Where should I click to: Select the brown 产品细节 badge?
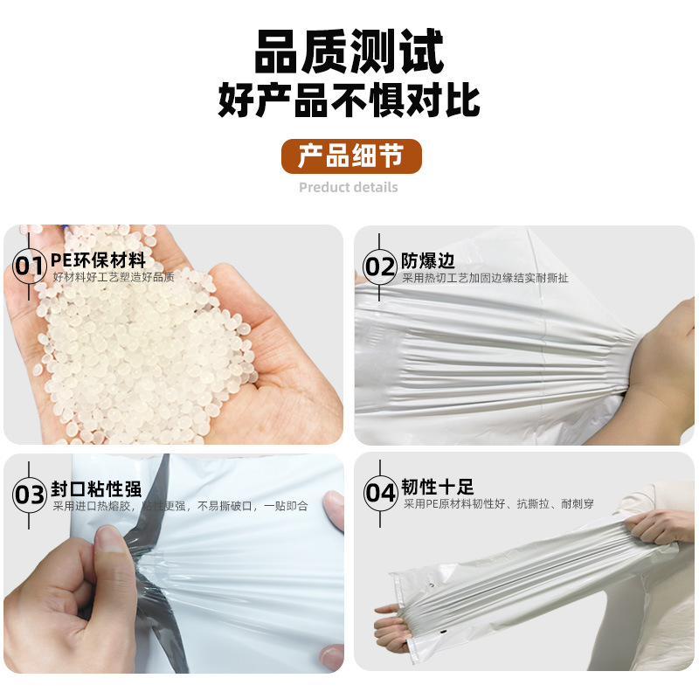(x=351, y=156)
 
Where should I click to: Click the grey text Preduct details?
(x=348, y=187)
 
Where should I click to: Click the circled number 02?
(x=379, y=266)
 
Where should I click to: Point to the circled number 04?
(x=380, y=493)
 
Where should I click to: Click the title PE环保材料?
(x=98, y=260)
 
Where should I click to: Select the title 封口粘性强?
(x=96, y=488)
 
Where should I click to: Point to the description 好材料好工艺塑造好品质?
(x=114, y=277)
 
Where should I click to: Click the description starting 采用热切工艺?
(x=485, y=278)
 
